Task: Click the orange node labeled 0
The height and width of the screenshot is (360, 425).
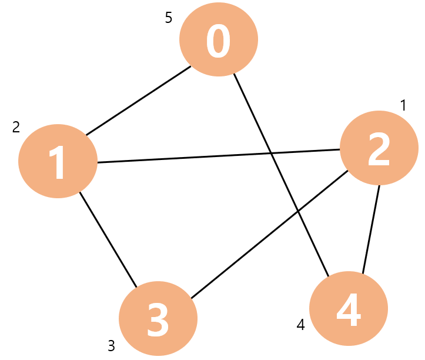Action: coord(219,39)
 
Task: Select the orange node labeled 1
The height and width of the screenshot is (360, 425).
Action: coord(58,161)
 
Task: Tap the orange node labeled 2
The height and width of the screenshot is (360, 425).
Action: coord(379,148)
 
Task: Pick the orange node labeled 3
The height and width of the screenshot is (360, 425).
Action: coord(158,319)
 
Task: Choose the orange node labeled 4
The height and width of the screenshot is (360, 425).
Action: coord(349,308)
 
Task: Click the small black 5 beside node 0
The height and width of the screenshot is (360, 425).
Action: coord(169,18)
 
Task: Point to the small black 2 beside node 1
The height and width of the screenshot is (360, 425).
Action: coord(16,126)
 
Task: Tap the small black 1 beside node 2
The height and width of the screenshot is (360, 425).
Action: coord(403,105)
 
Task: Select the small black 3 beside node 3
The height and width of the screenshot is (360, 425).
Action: coord(111,345)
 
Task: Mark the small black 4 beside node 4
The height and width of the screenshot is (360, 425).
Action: coord(301,325)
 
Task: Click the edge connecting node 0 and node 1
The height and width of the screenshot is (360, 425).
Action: coord(139,101)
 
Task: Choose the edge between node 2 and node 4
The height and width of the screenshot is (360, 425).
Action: coord(371,229)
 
